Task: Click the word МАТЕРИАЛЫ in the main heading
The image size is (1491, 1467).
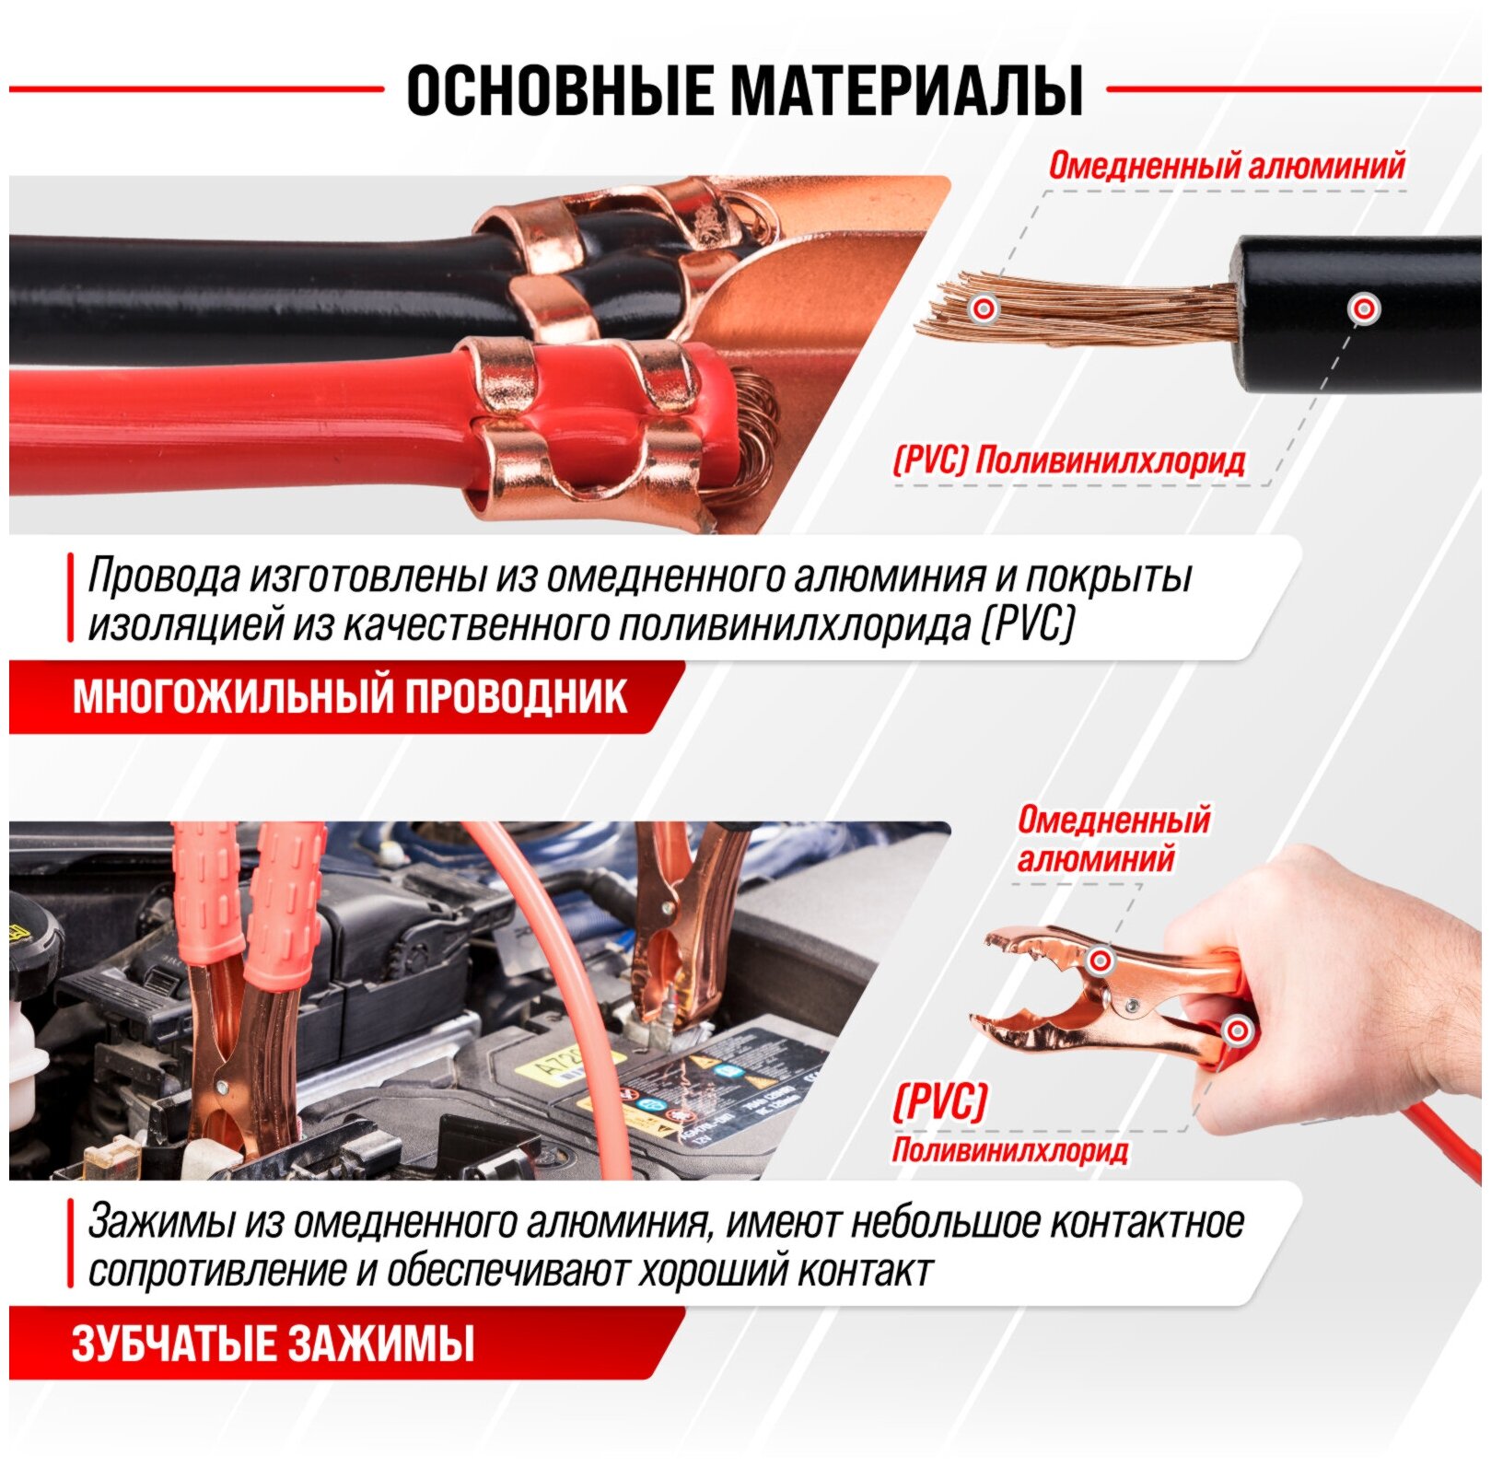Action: pyautogui.click(x=905, y=90)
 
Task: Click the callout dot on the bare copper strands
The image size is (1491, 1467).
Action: pyautogui.click(x=984, y=309)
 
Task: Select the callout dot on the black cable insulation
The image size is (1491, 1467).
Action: pyautogui.click(x=1363, y=309)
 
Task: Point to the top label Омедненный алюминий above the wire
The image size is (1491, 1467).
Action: pyautogui.click(x=1227, y=166)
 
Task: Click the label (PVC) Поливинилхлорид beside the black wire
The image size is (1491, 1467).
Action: pyautogui.click(x=1069, y=460)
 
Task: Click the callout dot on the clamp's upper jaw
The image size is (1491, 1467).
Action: pyautogui.click(x=1100, y=961)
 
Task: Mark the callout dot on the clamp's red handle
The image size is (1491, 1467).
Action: pyautogui.click(x=1238, y=1030)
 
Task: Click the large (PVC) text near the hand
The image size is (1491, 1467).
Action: pyautogui.click(x=939, y=1101)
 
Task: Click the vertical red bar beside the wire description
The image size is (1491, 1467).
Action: pyautogui.click(x=70, y=598)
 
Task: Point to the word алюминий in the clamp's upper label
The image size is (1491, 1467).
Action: pyautogui.click(x=1096, y=860)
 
